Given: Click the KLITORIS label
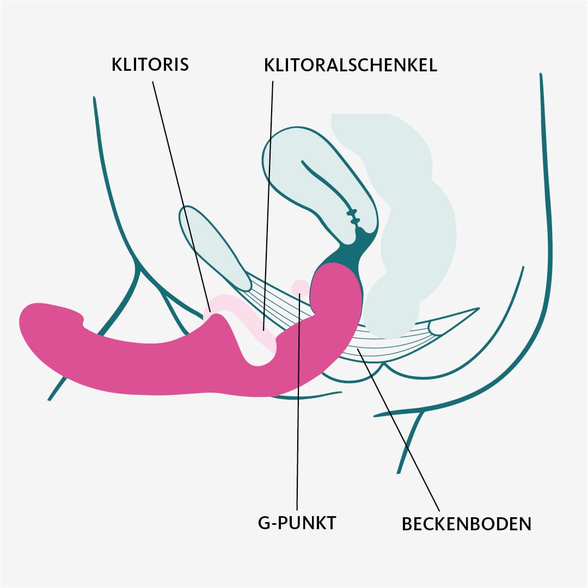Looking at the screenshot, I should point(150,64).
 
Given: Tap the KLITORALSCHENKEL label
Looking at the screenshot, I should point(351,65).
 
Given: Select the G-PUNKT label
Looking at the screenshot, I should point(297,523).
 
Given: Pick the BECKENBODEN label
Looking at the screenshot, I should point(466,524).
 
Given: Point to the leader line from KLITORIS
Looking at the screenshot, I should point(180,191).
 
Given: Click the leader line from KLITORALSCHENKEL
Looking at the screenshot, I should point(268,191).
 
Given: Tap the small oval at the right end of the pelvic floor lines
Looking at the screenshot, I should point(436,327).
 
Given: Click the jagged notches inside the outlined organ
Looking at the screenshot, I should point(354,218).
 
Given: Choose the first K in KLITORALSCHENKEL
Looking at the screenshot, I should point(269,65).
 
